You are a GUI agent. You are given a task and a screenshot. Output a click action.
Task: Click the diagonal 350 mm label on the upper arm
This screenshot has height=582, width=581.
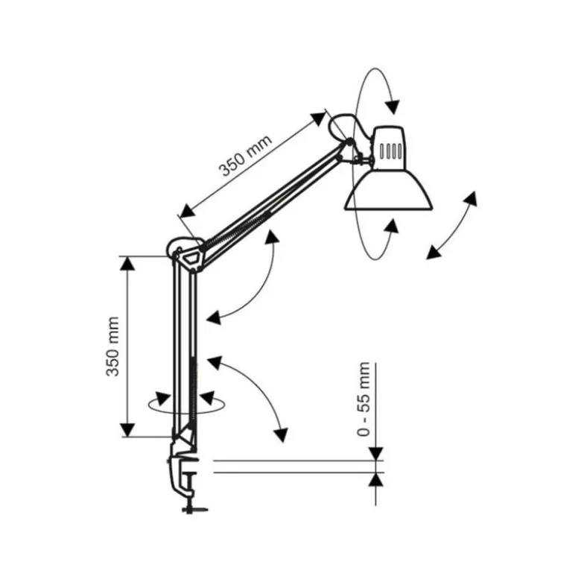246,155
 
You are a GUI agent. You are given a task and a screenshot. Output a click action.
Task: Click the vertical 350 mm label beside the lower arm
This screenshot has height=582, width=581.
112,347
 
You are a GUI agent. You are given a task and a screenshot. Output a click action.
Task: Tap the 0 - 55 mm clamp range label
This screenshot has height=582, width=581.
363,399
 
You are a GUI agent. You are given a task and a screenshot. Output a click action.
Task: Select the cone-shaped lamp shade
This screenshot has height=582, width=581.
389,190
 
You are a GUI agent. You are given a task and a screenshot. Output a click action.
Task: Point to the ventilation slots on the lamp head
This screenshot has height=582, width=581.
390,151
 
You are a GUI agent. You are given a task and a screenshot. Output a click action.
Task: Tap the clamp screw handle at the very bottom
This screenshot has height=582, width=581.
194,510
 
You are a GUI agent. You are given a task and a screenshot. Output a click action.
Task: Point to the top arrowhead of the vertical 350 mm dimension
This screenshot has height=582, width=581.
127,264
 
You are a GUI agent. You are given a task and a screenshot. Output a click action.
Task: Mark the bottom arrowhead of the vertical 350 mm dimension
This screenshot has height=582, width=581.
127,430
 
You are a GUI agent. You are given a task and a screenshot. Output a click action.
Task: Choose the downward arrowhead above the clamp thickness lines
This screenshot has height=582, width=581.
376,454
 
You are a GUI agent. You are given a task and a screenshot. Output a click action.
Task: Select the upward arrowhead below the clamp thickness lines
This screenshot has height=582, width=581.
376,480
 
